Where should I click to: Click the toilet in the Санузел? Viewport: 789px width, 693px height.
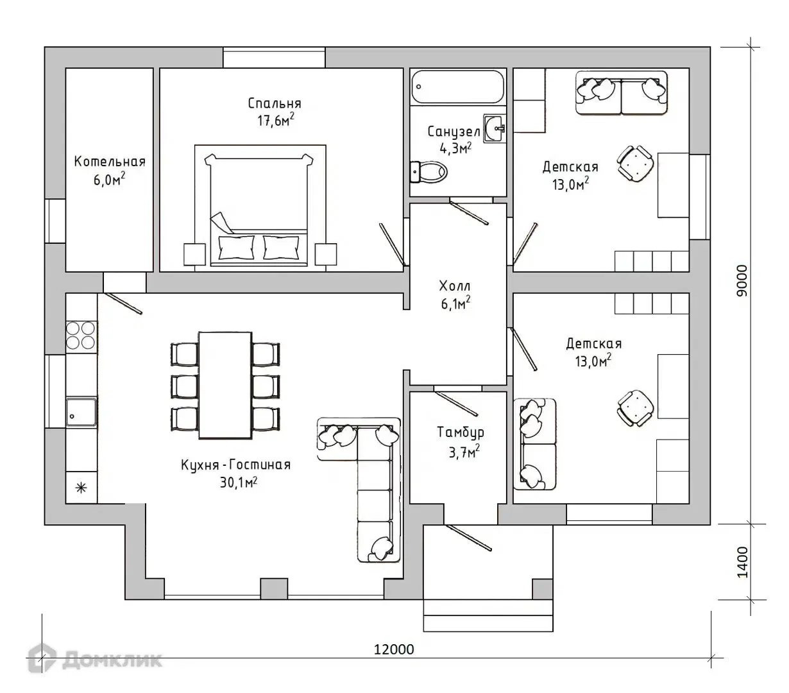coord(428,171)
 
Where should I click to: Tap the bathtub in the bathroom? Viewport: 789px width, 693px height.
coord(458,87)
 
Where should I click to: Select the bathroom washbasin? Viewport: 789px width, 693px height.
coord(494,128)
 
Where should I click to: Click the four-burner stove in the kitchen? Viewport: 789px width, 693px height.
coord(81,335)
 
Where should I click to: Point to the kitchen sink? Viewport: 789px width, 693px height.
coord(81,412)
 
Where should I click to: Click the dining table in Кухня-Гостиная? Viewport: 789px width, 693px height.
coord(225,385)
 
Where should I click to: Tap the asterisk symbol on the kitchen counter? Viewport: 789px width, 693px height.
coord(81,487)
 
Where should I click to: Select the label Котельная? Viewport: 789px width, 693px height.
coord(110,161)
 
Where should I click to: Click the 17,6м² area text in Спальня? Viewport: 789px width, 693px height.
coord(275,121)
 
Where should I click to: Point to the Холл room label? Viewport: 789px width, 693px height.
coord(454,286)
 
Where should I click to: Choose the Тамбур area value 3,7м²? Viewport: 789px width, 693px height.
coord(464,452)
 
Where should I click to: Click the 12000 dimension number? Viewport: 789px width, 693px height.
coord(394,649)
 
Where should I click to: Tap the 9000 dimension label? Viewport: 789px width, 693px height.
coord(742,280)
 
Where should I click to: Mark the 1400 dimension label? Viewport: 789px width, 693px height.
coord(742,562)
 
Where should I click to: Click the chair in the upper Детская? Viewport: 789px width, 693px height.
coord(635,164)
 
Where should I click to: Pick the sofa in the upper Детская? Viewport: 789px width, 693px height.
coord(621,92)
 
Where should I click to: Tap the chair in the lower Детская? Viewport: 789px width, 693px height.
coord(635,408)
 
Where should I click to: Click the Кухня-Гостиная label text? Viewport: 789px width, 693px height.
coord(235,465)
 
